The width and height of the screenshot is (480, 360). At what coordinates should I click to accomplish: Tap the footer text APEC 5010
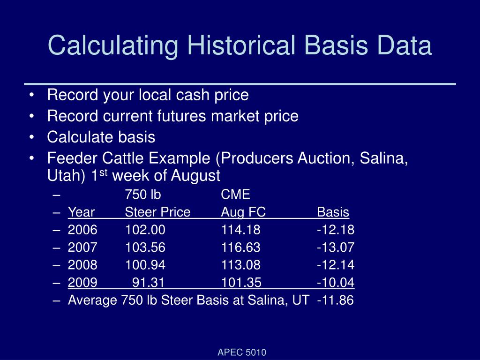(x=242, y=352)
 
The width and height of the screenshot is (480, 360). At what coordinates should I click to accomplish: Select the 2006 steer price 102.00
(x=145, y=230)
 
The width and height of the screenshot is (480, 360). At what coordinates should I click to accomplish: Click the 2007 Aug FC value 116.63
(x=241, y=247)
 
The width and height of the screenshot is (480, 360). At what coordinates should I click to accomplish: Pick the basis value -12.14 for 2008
(x=335, y=265)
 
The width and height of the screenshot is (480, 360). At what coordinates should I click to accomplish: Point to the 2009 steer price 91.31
(x=149, y=283)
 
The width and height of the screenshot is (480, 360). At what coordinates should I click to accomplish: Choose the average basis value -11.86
(x=335, y=300)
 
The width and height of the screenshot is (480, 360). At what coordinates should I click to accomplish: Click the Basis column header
(x=333, y=212)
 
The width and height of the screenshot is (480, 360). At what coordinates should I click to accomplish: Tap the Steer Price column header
(x=157, y=212)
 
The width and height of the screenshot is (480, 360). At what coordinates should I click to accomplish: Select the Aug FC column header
(x=243, y=212)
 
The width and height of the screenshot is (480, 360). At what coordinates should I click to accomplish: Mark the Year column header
(x=81, y=212)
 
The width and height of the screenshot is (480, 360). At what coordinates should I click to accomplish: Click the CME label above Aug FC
(x=236, y=195)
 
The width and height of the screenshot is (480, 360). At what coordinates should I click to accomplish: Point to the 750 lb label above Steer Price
(x=142, y=195)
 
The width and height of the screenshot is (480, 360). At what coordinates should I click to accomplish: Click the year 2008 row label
(x=82, y=265)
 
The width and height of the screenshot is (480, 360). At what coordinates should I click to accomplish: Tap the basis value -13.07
(x=335, y=247)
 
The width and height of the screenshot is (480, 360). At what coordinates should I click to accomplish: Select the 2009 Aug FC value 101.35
(x=241, y=283)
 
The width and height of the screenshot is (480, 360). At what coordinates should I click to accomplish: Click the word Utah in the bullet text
(x=63, y=176)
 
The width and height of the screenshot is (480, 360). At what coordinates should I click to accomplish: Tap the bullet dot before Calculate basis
(x=31, y=138)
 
